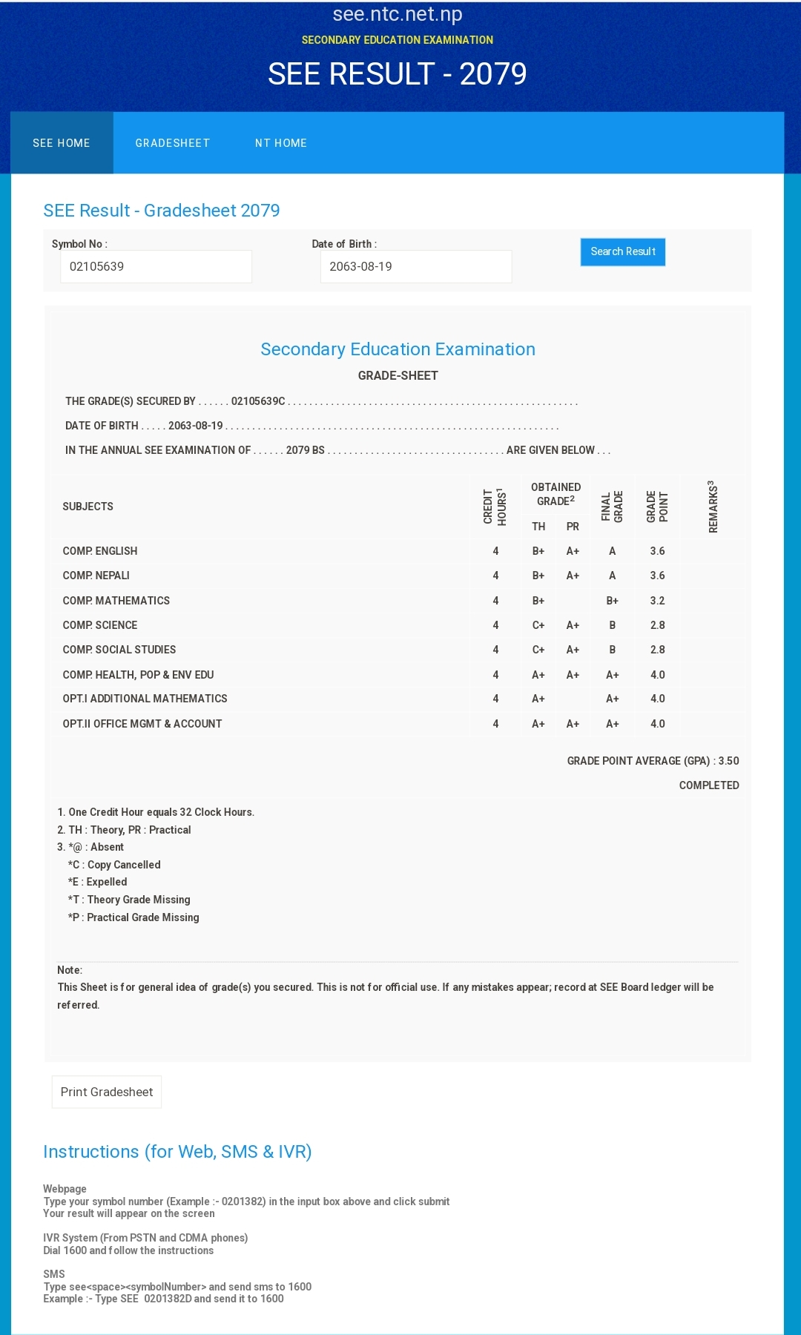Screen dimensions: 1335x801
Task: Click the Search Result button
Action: tap(622, 251)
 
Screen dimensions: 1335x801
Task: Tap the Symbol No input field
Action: tap(156, 266)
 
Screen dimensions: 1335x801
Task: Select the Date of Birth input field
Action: tap(415, 266)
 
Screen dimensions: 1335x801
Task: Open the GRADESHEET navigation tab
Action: tap(172, 143)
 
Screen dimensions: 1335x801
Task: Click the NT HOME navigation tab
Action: tap(280, 143)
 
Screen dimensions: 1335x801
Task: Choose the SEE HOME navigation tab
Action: tap(62, 143)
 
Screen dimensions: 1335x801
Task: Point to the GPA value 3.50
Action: tap(728, 761)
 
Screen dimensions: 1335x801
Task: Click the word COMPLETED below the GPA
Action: tap(708, 785)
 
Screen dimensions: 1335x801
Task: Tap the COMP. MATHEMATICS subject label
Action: tap(116, 601)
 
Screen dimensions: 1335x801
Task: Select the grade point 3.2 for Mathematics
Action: tap(657, 601)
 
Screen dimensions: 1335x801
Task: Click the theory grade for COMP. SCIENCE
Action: tap(538, 625)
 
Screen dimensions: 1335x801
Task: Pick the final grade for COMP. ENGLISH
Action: tap(612, 551)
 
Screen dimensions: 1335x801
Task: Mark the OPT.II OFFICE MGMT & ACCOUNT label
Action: tap(142, 724)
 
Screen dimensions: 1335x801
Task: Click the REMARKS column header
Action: tap(713, 507)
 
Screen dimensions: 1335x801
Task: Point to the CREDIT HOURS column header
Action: tap(495, 507)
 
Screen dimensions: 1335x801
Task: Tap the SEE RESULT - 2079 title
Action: tap(398, 74)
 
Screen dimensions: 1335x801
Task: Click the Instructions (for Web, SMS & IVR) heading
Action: tap(177, 1152)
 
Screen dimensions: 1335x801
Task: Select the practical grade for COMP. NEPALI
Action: tap(573, 576)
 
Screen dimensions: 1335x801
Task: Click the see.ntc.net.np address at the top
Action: tap(398, 14)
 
